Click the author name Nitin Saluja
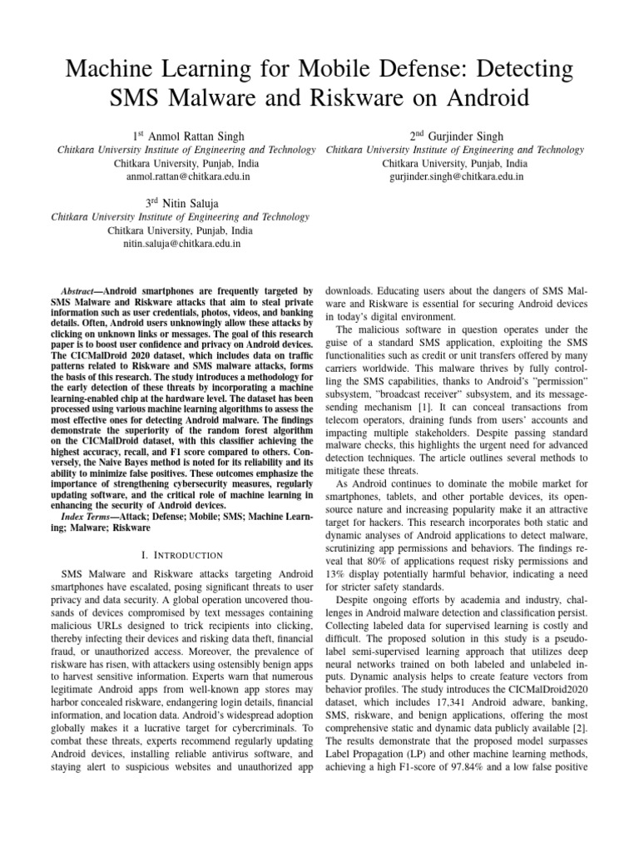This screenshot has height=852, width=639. (194, 202)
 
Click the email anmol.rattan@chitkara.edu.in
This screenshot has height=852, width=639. (186, 177)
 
